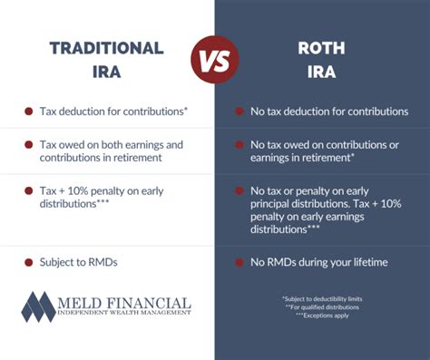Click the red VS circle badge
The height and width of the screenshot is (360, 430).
[x=215, y=61]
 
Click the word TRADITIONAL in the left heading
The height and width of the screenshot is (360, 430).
[x=106, y=49]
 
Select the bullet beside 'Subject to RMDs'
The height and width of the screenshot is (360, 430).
[x=29, y=263]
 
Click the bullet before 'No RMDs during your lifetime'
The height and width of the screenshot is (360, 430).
[x=239, y=263]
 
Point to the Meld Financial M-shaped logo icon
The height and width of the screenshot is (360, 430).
[x=39, y=307]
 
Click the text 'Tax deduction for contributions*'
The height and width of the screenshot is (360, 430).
[x=113, y=112]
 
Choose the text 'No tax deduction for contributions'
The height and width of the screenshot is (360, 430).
[x=330, y=112]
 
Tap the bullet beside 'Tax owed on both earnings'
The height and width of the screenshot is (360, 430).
[x=29, y=144]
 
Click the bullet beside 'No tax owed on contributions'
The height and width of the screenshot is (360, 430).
[x=239, y=144]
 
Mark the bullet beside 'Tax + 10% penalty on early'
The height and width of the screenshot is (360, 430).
[x=29, y=190]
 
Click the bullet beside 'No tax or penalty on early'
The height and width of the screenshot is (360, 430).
[x=239, y=190]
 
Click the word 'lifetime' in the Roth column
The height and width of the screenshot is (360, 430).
[x=367, y=263]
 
